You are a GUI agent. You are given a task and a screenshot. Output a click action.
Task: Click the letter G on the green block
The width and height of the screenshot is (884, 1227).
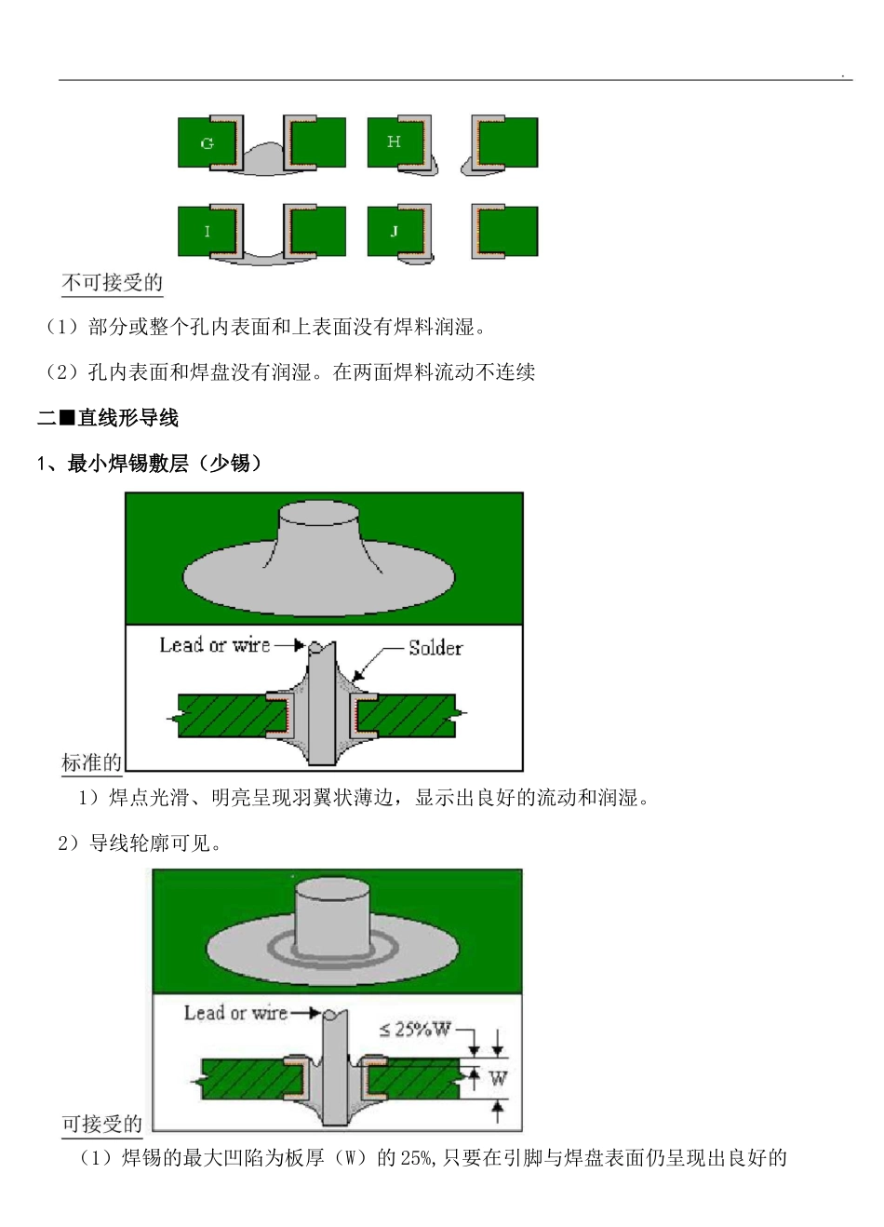(x=208, y=143)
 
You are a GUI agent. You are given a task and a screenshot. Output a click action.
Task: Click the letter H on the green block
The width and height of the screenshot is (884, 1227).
(x=394, y=142)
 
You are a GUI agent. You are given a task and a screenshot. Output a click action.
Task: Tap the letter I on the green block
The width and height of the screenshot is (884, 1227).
(x=208, y=232)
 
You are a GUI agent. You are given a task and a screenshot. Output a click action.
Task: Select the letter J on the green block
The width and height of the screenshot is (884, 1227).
(x=394, y=231)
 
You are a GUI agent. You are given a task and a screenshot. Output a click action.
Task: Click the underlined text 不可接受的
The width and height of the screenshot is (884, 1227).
(x=112, y=282)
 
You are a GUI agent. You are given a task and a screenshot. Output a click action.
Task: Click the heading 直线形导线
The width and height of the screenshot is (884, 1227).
(x=127, y=418)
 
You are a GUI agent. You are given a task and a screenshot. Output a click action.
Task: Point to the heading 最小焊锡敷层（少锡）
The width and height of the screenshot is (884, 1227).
(x=165, y=463)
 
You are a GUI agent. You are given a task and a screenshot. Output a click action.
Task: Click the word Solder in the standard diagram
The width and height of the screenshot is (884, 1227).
(x=435, y=648)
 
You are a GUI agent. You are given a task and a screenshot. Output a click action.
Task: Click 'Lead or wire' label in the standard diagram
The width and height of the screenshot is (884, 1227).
(x=215, y=645)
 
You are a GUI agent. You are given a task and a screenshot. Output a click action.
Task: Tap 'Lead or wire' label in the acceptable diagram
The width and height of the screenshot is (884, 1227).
(x=235, y=1013)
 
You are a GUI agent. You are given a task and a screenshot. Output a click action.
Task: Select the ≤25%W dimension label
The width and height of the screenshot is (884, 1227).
(x=414, y=1030)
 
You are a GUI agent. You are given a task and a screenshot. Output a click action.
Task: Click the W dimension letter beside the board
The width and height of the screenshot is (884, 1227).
(x=498, y=1079)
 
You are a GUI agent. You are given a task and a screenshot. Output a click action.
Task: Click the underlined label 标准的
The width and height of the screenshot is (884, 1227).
(x=91, y=762)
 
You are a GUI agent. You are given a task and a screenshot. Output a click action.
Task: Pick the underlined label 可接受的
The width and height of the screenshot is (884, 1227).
(x=101, y=1124)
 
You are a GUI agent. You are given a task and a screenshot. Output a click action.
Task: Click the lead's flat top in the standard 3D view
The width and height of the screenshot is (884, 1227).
(x=320, y=511)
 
